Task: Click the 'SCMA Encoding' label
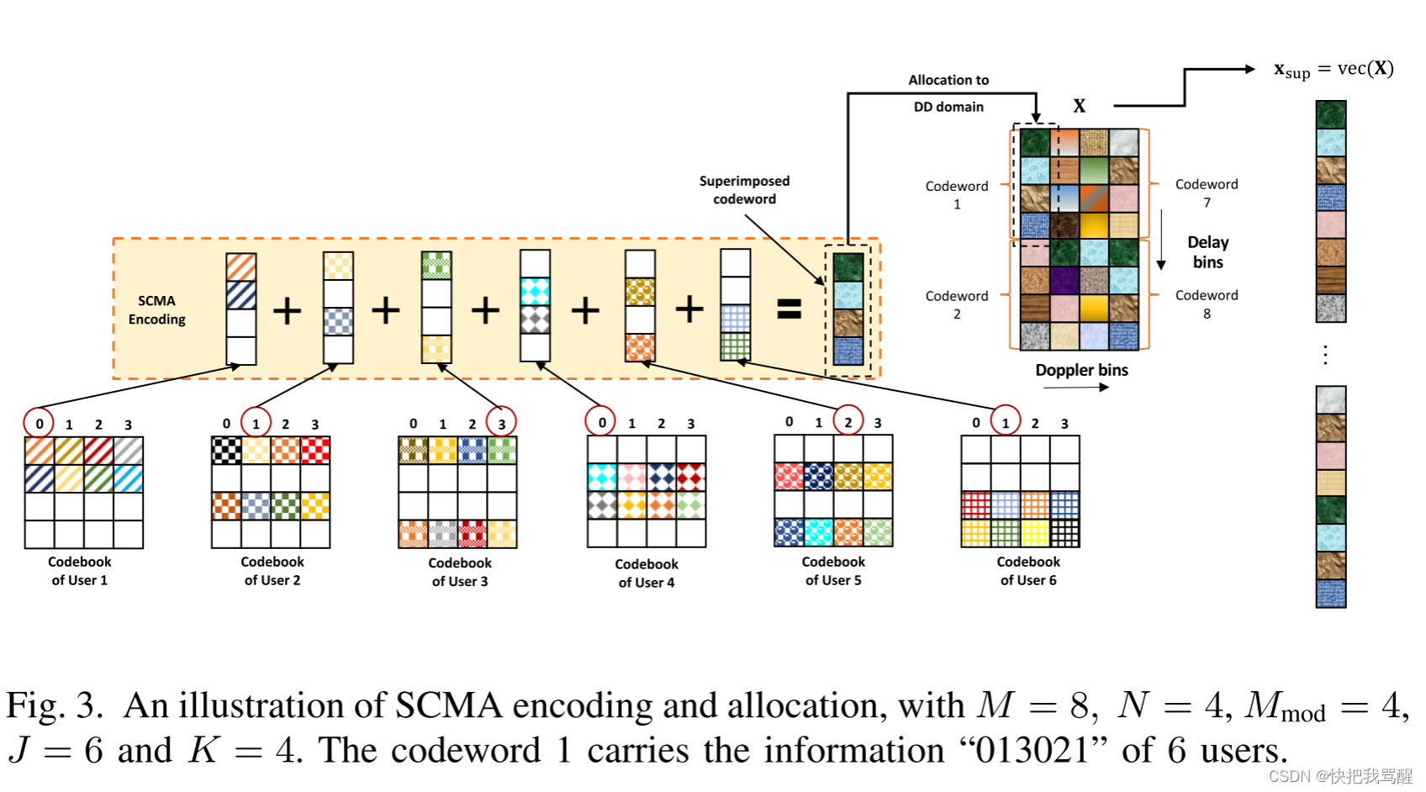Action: (x=156, y=309)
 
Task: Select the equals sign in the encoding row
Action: (x=789, y=309)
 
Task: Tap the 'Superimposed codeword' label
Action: (x=744, y=190)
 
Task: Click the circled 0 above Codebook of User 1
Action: (x=39, y=424)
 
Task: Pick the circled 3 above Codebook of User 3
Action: (x=501, y=423)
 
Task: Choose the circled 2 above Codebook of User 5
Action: (x=848, y=422)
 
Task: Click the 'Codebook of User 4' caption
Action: (x=646, y=573)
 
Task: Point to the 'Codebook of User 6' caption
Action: (x=1027, y=571)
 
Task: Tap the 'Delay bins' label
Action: (x=1207, y=252)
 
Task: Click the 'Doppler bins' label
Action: (x=1081, y=370)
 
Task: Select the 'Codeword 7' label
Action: (x=1206, y=193)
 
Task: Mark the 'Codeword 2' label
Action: (x=956, y=304)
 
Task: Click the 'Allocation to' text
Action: (x=948, y=80)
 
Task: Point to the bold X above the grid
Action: (x=1079, y=106)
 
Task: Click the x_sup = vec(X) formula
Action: (x=1333, y=69)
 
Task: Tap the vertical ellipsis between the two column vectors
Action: (x=1325, y=355)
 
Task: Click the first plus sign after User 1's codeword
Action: (x=287, y=310)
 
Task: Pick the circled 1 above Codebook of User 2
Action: (x=256, y=423)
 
